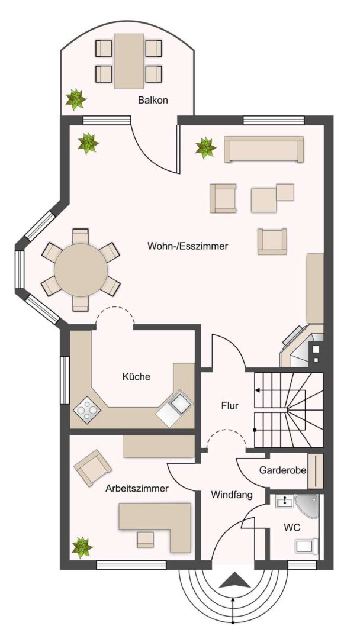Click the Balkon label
pos(153,100)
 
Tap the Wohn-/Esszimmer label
pos(188,246)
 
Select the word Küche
pos(136,376)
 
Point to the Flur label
pos(229,406)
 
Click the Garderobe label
pos(282,471)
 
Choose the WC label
pos(291,526)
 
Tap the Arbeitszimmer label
pos(137,489)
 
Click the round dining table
pos(81,270)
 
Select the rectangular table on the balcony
pos(129,61)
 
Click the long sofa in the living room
pos(263,149)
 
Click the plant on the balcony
pos(75,98)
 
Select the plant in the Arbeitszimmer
pos(81,547)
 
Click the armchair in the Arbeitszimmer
pos(92,467)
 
